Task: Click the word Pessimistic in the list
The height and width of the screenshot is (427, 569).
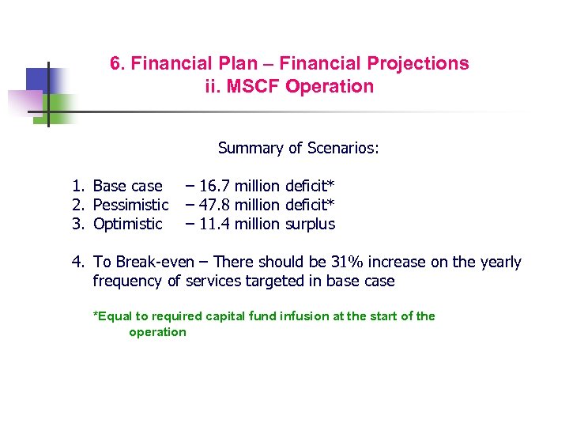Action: (130, 206)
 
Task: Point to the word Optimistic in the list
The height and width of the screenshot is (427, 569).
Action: (127, 224)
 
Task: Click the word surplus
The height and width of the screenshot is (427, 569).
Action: (310, 224)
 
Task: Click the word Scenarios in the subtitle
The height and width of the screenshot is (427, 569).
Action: (341, 148)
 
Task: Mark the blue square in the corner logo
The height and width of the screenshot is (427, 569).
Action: (38, 78)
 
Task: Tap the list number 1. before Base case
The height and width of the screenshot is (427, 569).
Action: (77, 187)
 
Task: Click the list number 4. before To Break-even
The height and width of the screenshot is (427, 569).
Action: (77, 262)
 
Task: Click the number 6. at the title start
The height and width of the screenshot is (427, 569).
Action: (117, 63)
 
